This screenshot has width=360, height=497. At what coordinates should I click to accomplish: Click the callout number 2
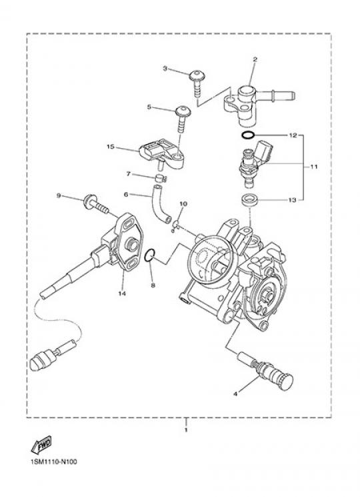point(255,59)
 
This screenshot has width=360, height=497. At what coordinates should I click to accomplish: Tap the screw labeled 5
point(183,119)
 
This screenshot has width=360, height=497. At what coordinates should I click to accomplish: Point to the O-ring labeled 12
point(247,135)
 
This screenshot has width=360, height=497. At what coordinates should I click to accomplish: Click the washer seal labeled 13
point(249,200)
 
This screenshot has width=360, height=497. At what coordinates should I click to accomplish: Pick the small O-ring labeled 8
point(149,256)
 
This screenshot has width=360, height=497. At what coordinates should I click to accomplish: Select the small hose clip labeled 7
point(161,178)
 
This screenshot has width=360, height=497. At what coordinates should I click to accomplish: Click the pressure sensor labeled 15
point(161,155)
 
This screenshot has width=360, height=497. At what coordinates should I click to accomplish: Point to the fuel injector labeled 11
point(256,162)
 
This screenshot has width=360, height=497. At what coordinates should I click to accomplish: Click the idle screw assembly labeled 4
point(266,372)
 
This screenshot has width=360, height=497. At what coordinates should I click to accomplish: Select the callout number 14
point(122,294)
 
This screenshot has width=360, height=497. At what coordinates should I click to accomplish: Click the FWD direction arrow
point(41,444)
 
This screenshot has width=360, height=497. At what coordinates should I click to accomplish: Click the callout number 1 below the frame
point(186,430)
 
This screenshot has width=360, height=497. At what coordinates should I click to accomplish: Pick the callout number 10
point(183,203)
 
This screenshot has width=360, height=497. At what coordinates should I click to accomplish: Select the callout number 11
point(313,166)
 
